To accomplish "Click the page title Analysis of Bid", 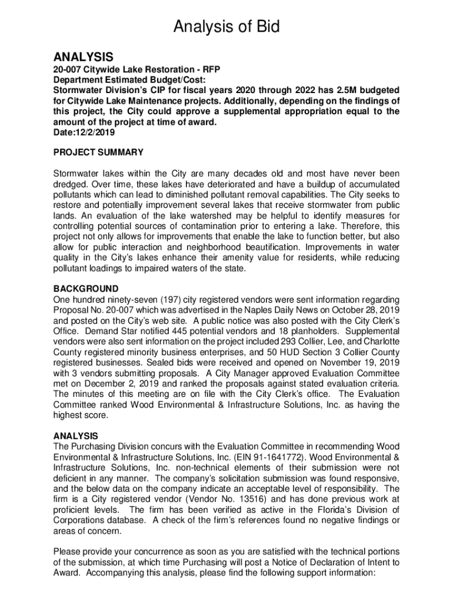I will tap(226, 27).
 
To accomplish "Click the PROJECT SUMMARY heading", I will tap(98, 153).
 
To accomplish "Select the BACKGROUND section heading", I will tap(86, 289).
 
